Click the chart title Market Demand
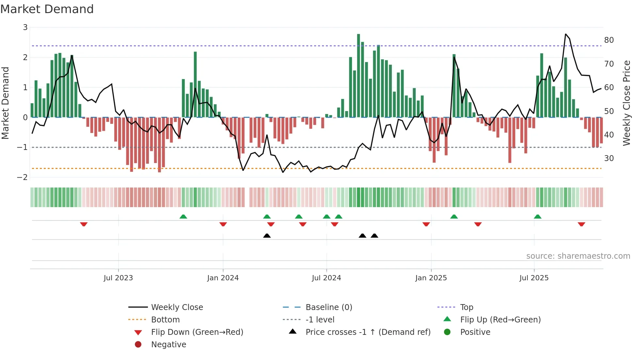coord(47,9)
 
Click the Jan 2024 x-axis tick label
coord(223,278)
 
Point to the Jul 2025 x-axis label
coord(534,278)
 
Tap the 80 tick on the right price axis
coord(609,40)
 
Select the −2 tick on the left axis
coord(23,177)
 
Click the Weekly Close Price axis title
coord(626,103)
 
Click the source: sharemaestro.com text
coord(578,256)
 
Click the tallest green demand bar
coord(359,75)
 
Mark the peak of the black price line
coord(566,34)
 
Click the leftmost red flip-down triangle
coord(84,224)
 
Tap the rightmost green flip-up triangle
coord(537,217)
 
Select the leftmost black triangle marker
coord(267,236)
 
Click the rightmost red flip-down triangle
coord(581,224)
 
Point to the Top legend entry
coord(466,307)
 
